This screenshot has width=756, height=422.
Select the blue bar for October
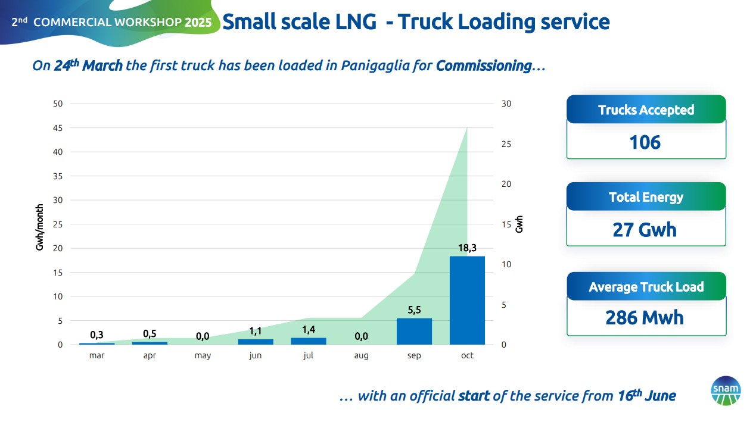click(x=467, y=301)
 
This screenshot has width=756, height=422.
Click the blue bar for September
click(x=414, y=332)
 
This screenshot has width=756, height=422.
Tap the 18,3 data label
click(x=467, y=248)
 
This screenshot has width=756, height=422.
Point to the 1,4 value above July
click(x=308, y=329)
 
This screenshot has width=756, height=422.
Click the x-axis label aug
click(x=361, y=356)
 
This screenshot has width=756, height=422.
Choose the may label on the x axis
click(x=203, y=356)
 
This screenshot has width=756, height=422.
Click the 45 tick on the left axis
click(x=58, y=128)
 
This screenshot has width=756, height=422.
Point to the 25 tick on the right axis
click(x=506, y=145)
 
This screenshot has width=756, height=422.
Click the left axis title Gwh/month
click(x=40, y=227)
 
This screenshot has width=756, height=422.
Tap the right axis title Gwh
click(x=519, y=224)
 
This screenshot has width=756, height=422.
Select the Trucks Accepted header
click(x=646, y=110)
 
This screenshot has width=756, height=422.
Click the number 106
click(x=645, y=143)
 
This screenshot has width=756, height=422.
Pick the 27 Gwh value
click(x=645, y=230)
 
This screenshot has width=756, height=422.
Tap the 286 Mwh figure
click(x=645, y=317)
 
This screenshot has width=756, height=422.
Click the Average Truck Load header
click(x=646, y=287)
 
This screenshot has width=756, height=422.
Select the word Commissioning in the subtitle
click(x=483, y=65)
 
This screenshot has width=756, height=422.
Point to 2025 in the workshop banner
click(x=198, y=23)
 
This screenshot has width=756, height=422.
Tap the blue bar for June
click(x=256, y=342)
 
